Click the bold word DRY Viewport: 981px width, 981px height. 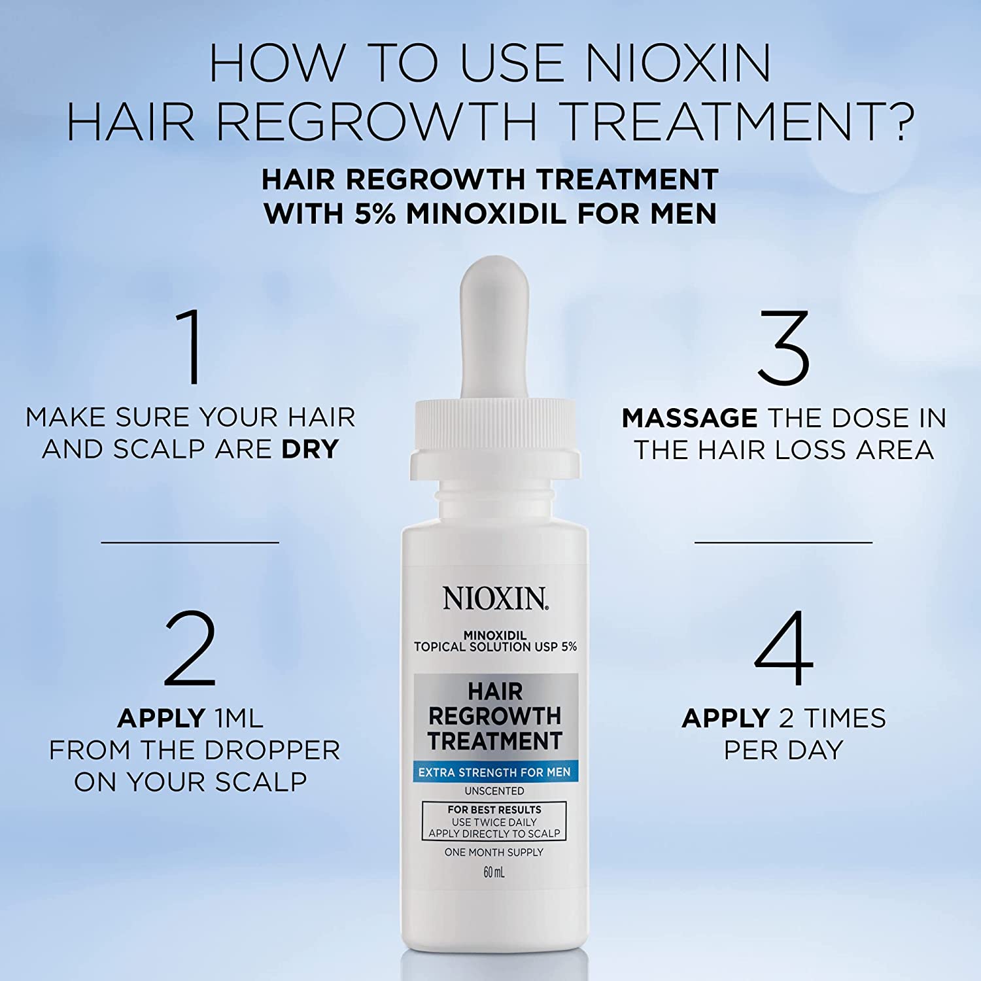tap(310, 449)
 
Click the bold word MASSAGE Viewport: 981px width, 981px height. tap(689, 418)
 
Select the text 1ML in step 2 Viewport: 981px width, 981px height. tap(230, 719)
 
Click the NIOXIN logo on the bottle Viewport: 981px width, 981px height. tap(496, 598)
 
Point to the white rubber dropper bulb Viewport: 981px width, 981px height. tap(494, 327)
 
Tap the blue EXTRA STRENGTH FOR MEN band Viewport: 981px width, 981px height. tap(494, 772)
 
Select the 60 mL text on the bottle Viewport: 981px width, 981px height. tap(494, 872)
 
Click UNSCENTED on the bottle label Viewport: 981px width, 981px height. tap(494, 791)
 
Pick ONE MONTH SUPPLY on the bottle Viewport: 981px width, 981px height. tap(494, 852)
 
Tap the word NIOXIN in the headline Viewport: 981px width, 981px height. tap(678, 63)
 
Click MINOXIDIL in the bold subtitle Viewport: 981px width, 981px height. tap(486, 213)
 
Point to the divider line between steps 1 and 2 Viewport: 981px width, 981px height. tap(190, 542)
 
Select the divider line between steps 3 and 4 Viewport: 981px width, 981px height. tap(783, 542)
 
